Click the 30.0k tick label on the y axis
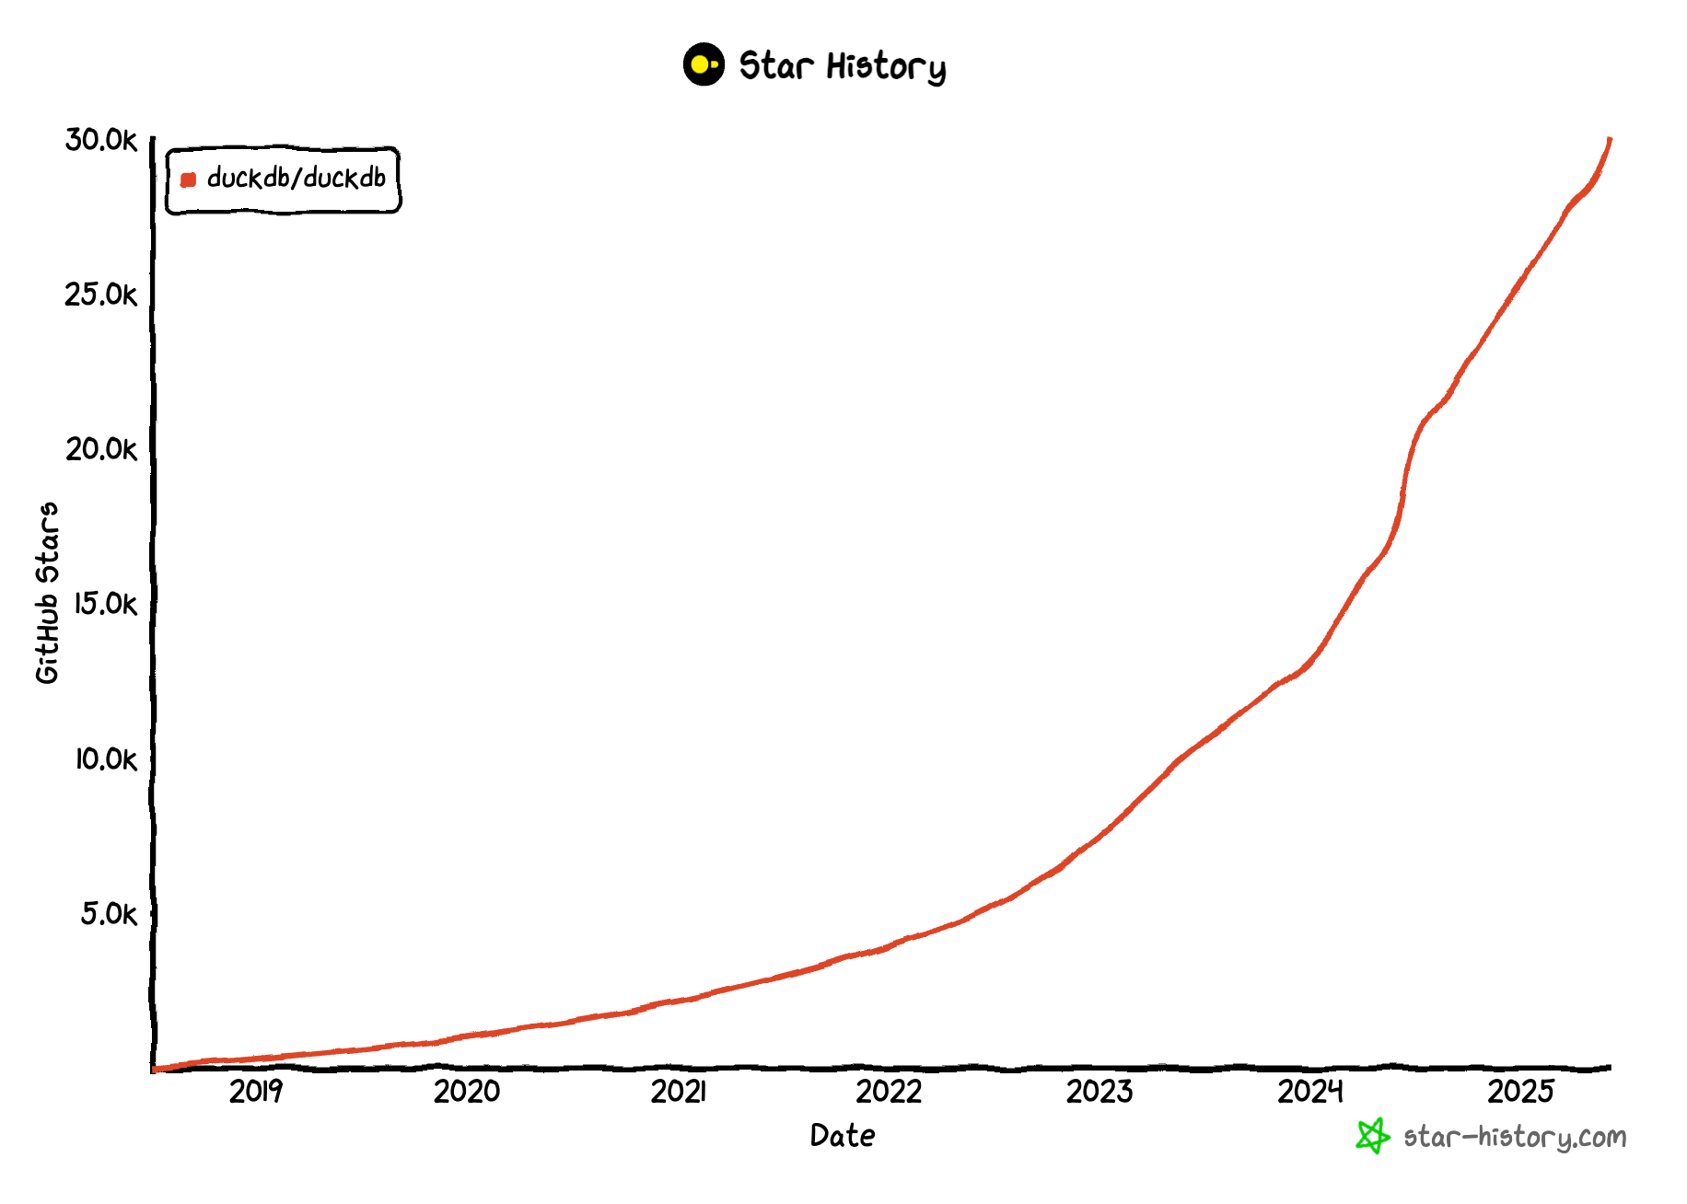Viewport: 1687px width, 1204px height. [x=100, y=140]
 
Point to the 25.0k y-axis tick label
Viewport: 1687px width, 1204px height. [x=100, y=295]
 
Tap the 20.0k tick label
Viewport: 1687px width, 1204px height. [x=100, y=449]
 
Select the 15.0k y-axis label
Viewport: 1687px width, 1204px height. [x=105, y=604]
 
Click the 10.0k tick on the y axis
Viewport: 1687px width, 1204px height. [x=105, y=759]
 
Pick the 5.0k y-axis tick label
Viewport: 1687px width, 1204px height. [x=109, y=914]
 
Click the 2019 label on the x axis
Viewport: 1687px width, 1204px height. [x=256, y=1092]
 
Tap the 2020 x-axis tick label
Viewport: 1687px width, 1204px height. [x=467, y=1092]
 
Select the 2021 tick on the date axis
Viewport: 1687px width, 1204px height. [x=678, y=1092]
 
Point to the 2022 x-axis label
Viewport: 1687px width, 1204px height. [x=889, y=1092]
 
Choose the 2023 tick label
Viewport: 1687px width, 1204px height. [x=1099, y=1092]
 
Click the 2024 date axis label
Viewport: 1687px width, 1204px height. [x=1310, y=1092]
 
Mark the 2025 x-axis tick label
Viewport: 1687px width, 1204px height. [x=1521, y=1092]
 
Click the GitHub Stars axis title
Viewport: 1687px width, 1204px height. [x=47, y=593]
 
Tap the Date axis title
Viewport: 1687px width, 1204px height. [x=843, y=1136]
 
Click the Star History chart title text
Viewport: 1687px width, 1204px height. [x=843, y=66]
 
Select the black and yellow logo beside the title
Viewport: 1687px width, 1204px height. [x=704, y=64]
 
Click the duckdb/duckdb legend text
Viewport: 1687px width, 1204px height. [x=297, y=178]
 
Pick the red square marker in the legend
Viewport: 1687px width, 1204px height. [x=189, y=179]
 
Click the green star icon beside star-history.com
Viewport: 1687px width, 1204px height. [x=1372, y=1136]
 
